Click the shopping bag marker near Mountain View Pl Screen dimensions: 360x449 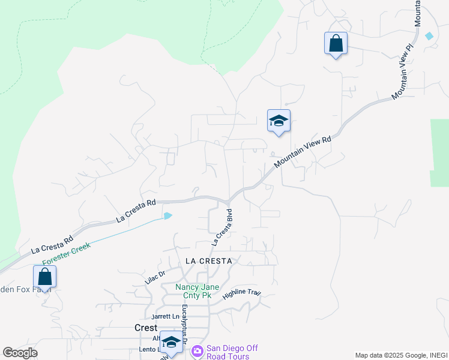tap(336, 44)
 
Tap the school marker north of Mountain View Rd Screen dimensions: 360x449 tap(279, 121)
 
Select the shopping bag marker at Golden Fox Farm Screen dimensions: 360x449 tap(44, 277)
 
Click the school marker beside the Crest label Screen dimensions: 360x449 tap(172, 342)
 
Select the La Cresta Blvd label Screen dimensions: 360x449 tap(221, 227)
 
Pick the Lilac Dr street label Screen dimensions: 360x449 tap(155, 277)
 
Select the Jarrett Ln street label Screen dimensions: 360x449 tap(166, 316)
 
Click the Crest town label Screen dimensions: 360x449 tap(145, 328)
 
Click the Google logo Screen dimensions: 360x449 tap(20, 353)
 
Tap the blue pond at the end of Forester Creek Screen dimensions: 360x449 tap(168, 215)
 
